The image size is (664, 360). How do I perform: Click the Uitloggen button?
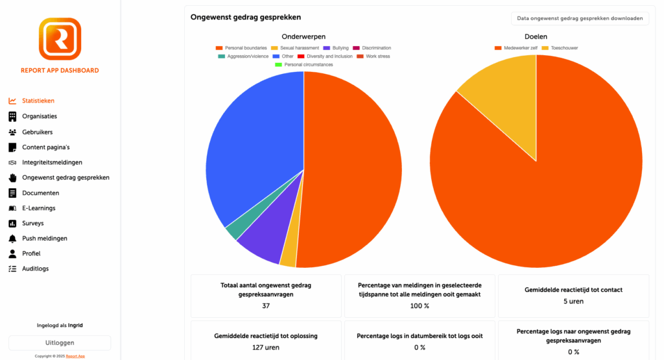(60, 342)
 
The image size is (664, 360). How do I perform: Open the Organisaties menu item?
(40, 116)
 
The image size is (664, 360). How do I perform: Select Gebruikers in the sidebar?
(37, 132)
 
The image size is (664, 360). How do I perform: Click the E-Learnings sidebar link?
(38, 208)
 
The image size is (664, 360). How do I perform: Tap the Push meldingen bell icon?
(12, 238)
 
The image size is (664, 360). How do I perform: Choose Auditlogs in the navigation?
(35, 269)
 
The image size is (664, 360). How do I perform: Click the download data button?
(580, 18)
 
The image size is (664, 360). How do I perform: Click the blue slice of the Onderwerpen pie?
(253, 156)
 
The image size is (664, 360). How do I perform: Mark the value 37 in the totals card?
(266, 306)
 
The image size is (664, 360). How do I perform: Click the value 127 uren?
(266, 347)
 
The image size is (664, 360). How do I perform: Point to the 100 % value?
(420, 306)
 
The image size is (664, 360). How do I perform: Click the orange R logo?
(60, 39)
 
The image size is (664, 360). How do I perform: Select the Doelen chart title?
(536, 36)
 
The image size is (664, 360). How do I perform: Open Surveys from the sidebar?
(33, 223)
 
